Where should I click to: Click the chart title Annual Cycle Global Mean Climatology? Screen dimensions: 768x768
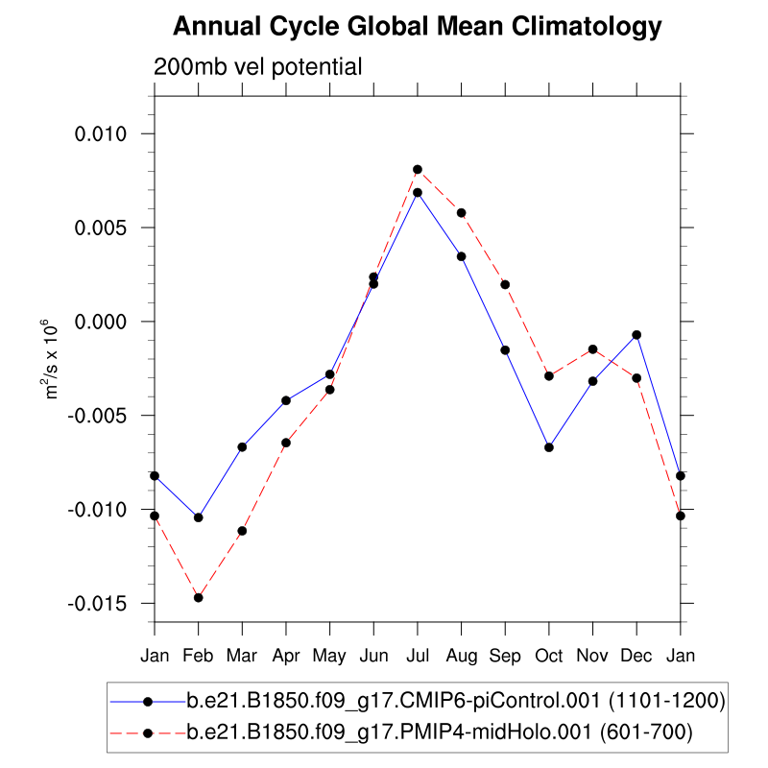click(x=417, y=27)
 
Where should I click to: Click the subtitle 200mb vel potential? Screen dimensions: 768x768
click(x=257, y=67)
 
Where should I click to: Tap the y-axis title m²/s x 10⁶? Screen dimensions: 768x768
click(x=54, y=361)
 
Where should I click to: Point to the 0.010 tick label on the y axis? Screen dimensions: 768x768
click(x=100, y=133)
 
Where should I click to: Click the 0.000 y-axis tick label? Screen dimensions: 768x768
click(x=100, y=322)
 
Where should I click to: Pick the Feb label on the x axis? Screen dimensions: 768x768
click(x=198, y=656)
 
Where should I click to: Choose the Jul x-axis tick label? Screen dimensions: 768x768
click(x=418, y=656)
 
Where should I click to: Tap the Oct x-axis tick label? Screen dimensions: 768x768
click(x=549, y=656)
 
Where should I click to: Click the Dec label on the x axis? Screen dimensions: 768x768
click(x=636, y=656)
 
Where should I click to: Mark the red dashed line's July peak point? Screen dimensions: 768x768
click(x=418, y=170)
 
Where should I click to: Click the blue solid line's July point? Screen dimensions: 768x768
click(x=418, y=192)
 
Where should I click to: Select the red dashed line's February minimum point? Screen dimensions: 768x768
click(x=199, y=597)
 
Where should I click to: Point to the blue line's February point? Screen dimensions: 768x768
click(x=199, y=517)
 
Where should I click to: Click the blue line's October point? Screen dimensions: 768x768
click(x=549, y=447)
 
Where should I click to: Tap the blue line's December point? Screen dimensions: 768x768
click(x=636, y=335)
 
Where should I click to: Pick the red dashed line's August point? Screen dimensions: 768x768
click(x=462, y=212)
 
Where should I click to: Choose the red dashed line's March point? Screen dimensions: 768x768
click(x=242, y=531)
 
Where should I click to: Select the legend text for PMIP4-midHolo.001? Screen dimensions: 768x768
click(x=439, y=733)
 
